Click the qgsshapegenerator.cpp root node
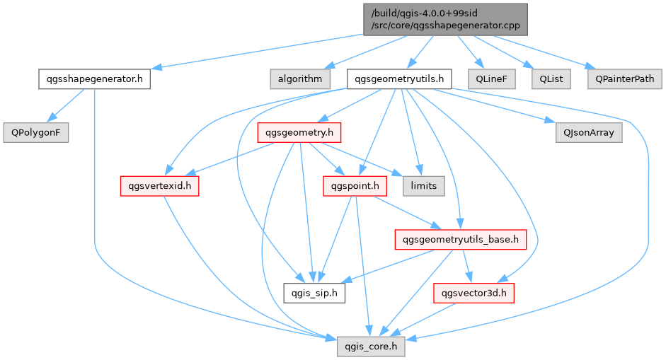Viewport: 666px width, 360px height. pyautogui.click(x=445, y=19)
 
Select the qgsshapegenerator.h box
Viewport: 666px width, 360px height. pyautogui.click(x=94, y=79)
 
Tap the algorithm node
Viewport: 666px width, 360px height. pyautogui.click(x=299, y=79)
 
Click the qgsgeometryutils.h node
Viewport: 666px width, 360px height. pyautogui.click(x=399, y=79)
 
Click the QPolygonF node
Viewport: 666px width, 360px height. pyautogui.click(x=35, y=132)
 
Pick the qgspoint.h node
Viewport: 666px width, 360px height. pyautogui.click(x=355, y=186)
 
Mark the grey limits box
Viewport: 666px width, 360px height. pyautogui.click(x=424, y=186)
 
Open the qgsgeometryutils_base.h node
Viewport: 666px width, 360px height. pyautogui.click(x=460, y=240)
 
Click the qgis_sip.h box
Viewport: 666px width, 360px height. pyautogui.click(x=314, y=293)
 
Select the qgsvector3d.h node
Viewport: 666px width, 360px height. pyautogui.click(x=473, y=293)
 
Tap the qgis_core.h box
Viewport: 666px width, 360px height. pyautogui.click(x=371, y=347)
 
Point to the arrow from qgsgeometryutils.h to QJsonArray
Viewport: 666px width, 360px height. pyautogui.click(x=495, y=106)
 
